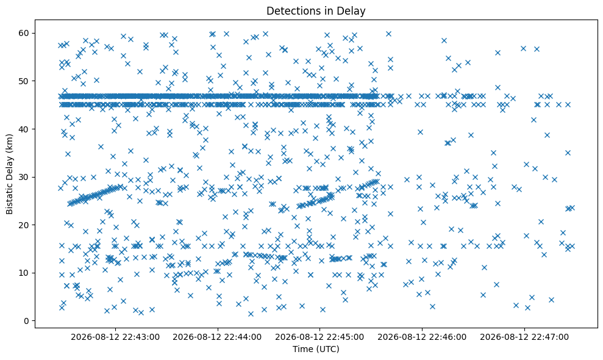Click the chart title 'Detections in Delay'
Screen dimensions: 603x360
pyautogui.click(x=316, y=11)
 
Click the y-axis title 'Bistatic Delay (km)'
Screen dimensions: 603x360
pyautogui.click(x=9, y=174)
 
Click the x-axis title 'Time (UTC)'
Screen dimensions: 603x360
pyautogui.click(x=316, y=349)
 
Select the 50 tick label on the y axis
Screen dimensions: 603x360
pyautogui.click(x=24, y=81)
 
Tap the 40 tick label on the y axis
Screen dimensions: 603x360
pyautogui.click(x=24, y=129)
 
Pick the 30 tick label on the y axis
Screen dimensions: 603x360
pyautogui.click(x=24, y=177)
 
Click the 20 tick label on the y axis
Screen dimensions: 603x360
pyautogui.click(x=24, y=225)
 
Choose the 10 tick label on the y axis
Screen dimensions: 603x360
pyautogui.click(x=24, y=273)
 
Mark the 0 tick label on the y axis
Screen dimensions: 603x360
pyautogui.click(x=27, y=321)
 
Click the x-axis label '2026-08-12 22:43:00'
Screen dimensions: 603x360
pyautogui.click(x=115, y=337)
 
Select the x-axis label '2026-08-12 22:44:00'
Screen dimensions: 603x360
pyautogui.click(x=217, y=337)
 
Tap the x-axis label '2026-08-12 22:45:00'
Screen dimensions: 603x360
pyautogui.click(x=319, y=337)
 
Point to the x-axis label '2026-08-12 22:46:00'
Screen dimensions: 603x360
pyautogui.click(x=422, y=337)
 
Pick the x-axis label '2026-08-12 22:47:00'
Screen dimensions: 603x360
pyautogui.click(x=524, y=337)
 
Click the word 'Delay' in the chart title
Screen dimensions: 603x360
pyautogui.click(x=352, y=11)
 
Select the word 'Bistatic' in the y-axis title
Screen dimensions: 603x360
pyautogui.click(x=9, y=198)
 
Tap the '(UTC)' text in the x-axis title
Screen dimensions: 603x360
pyautogui.click(x=328, y=349)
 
